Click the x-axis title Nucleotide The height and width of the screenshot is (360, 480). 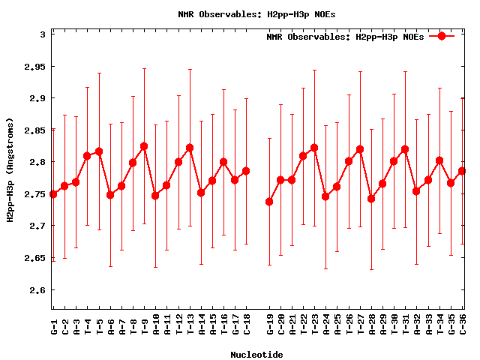(256, 355)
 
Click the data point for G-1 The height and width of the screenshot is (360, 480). (52, 194)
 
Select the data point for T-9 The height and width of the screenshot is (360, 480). (144, 146)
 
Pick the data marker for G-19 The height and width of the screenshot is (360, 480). (269, 202)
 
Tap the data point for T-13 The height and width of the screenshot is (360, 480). (190, 148)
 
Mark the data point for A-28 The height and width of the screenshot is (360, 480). (371, 199)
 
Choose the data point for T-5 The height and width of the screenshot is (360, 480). (98, 151)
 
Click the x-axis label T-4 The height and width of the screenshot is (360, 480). (88, 324)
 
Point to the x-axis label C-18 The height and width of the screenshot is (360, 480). (247, 324)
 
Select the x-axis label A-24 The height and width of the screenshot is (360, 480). (326, 324)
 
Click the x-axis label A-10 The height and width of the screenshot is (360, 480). (156, 324)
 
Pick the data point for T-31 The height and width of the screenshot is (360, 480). (406, 149)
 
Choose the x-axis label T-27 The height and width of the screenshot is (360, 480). (361, 324)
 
